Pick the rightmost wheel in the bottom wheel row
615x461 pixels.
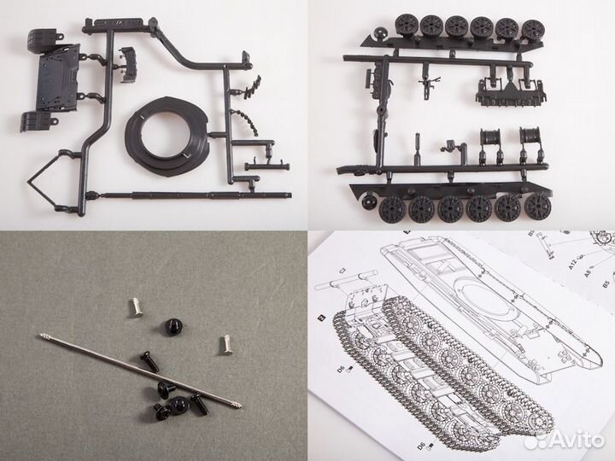[536, 207]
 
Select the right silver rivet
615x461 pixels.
[227, 341]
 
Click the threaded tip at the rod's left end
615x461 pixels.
[43, 336]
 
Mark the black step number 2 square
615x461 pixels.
[319, 318]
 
